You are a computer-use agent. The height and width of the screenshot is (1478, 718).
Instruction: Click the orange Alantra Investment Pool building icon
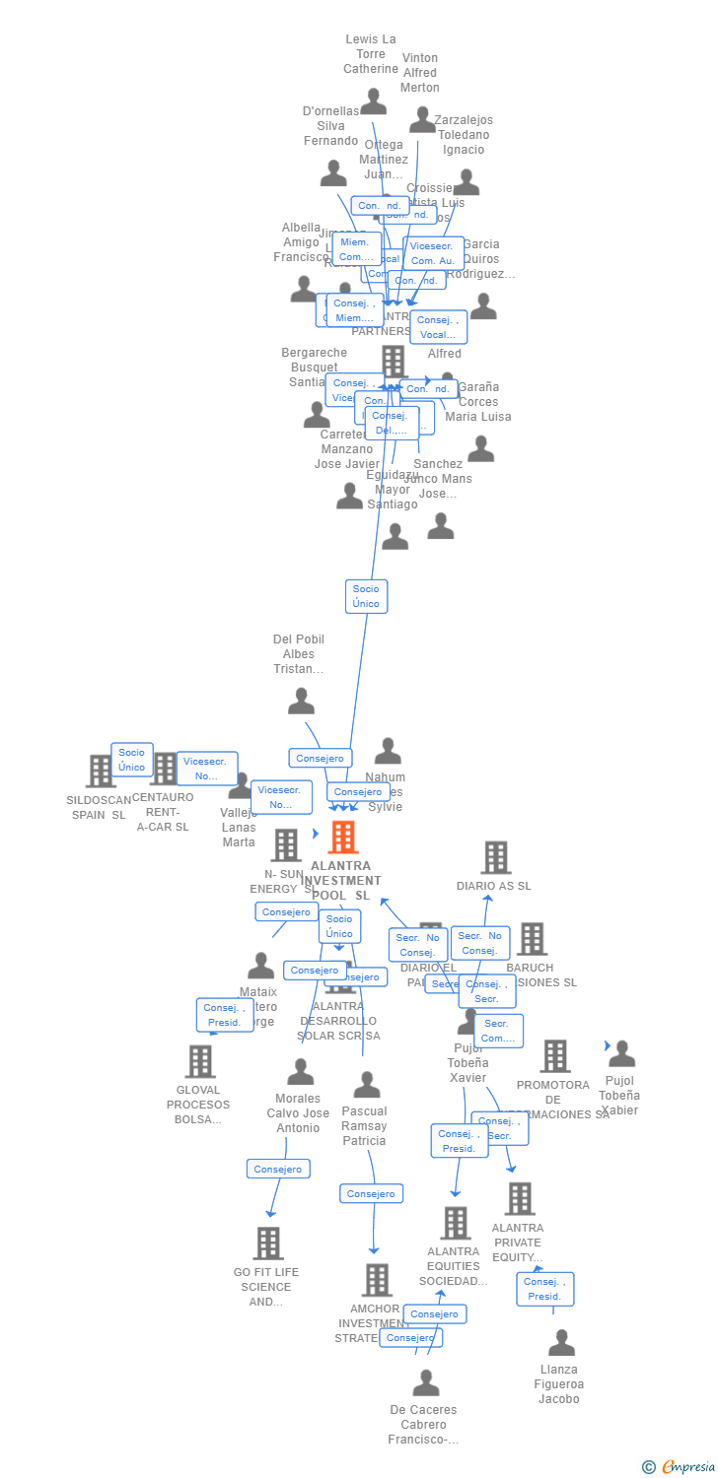pyautogui.click(x=342, y=837)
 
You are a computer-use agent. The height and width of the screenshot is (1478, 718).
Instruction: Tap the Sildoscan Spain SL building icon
pyautogui.click(x=101, y=771)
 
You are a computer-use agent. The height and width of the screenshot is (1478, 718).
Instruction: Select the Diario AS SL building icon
pyautogui.click(x=495, y=857)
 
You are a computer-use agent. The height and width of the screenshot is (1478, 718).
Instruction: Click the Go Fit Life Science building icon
pyautogui.click(x=267, y=1243)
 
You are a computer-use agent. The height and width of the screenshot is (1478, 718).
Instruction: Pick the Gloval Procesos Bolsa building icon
pyautogui.click(x=200, y=1061)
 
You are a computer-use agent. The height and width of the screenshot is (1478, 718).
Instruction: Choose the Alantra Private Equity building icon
pyautogui.click(x=519, y=1198)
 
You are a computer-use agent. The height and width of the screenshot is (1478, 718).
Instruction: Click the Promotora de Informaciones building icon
pyautogui.click(x=554, y=1056)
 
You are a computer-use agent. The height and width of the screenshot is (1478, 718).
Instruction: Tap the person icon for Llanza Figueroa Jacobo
pyautogui.click(x=561, y=1342)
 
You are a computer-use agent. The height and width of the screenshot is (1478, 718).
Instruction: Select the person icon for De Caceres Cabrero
pyautogui.click(x=425, y=1382)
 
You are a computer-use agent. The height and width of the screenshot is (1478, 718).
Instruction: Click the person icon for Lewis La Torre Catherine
pyautogui.click(x=373, y=101)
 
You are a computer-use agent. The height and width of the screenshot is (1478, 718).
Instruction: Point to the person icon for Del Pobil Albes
pyautogui.click(x=301, y=701)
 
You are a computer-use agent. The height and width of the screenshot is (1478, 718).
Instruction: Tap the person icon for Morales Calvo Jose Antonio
pyautogui.click(x=300, y=1071)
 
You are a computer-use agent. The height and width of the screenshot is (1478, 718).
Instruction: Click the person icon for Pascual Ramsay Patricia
pyautogui.click(x=366, y=1085)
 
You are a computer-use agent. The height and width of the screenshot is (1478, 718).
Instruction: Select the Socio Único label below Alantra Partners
pyautogui.click(x=366, y=596)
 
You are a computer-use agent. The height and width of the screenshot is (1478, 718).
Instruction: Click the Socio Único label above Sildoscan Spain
pyautogui.click(x=131, y=760)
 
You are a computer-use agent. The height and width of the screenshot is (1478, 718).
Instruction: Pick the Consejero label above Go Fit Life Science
pyautogui.click(x=278, y=1170)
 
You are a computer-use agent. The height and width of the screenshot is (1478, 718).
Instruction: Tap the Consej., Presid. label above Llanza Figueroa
pyautogui.click(x=544, y=1289)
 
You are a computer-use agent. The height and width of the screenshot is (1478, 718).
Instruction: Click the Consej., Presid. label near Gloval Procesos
pyautogui.click(x=224, y=1015)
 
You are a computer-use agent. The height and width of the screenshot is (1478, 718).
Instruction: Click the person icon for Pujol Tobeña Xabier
pyautogui.click(x=621, y=1053)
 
